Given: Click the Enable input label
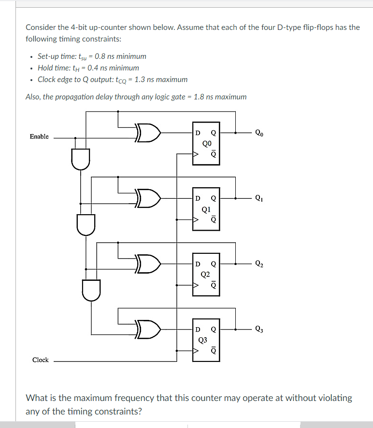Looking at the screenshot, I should pos(39,137).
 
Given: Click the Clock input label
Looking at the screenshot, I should pos(41,360).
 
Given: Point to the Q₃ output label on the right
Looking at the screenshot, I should pos(259,330).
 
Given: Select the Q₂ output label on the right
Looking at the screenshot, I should pos(259,264).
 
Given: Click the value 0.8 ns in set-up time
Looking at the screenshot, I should pos(102,56).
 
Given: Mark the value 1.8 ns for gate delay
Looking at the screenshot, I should pos(203,97).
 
